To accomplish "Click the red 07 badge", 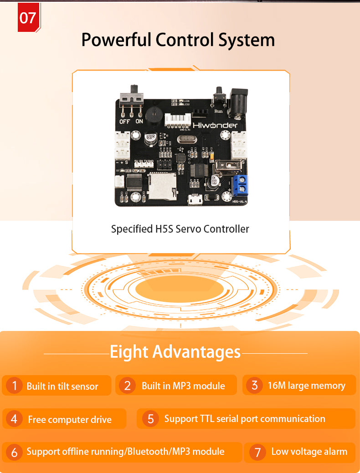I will click(x=28, y=18).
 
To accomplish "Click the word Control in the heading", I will click(x=185, y=40).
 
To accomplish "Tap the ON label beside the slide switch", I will click(x=139, y=122).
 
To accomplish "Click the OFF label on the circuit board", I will click(x=124, y=122).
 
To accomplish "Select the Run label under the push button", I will click(x=219, y=111).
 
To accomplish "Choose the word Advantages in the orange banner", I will click(x=196, y=352).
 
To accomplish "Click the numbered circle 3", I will click(x=254, y=385).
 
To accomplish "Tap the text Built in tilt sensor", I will click(x=62, y=387).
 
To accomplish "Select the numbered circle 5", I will click(x=150, y=418).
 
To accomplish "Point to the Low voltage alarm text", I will click(x=309, y=452).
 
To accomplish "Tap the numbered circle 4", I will click(x=14, y=419).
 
